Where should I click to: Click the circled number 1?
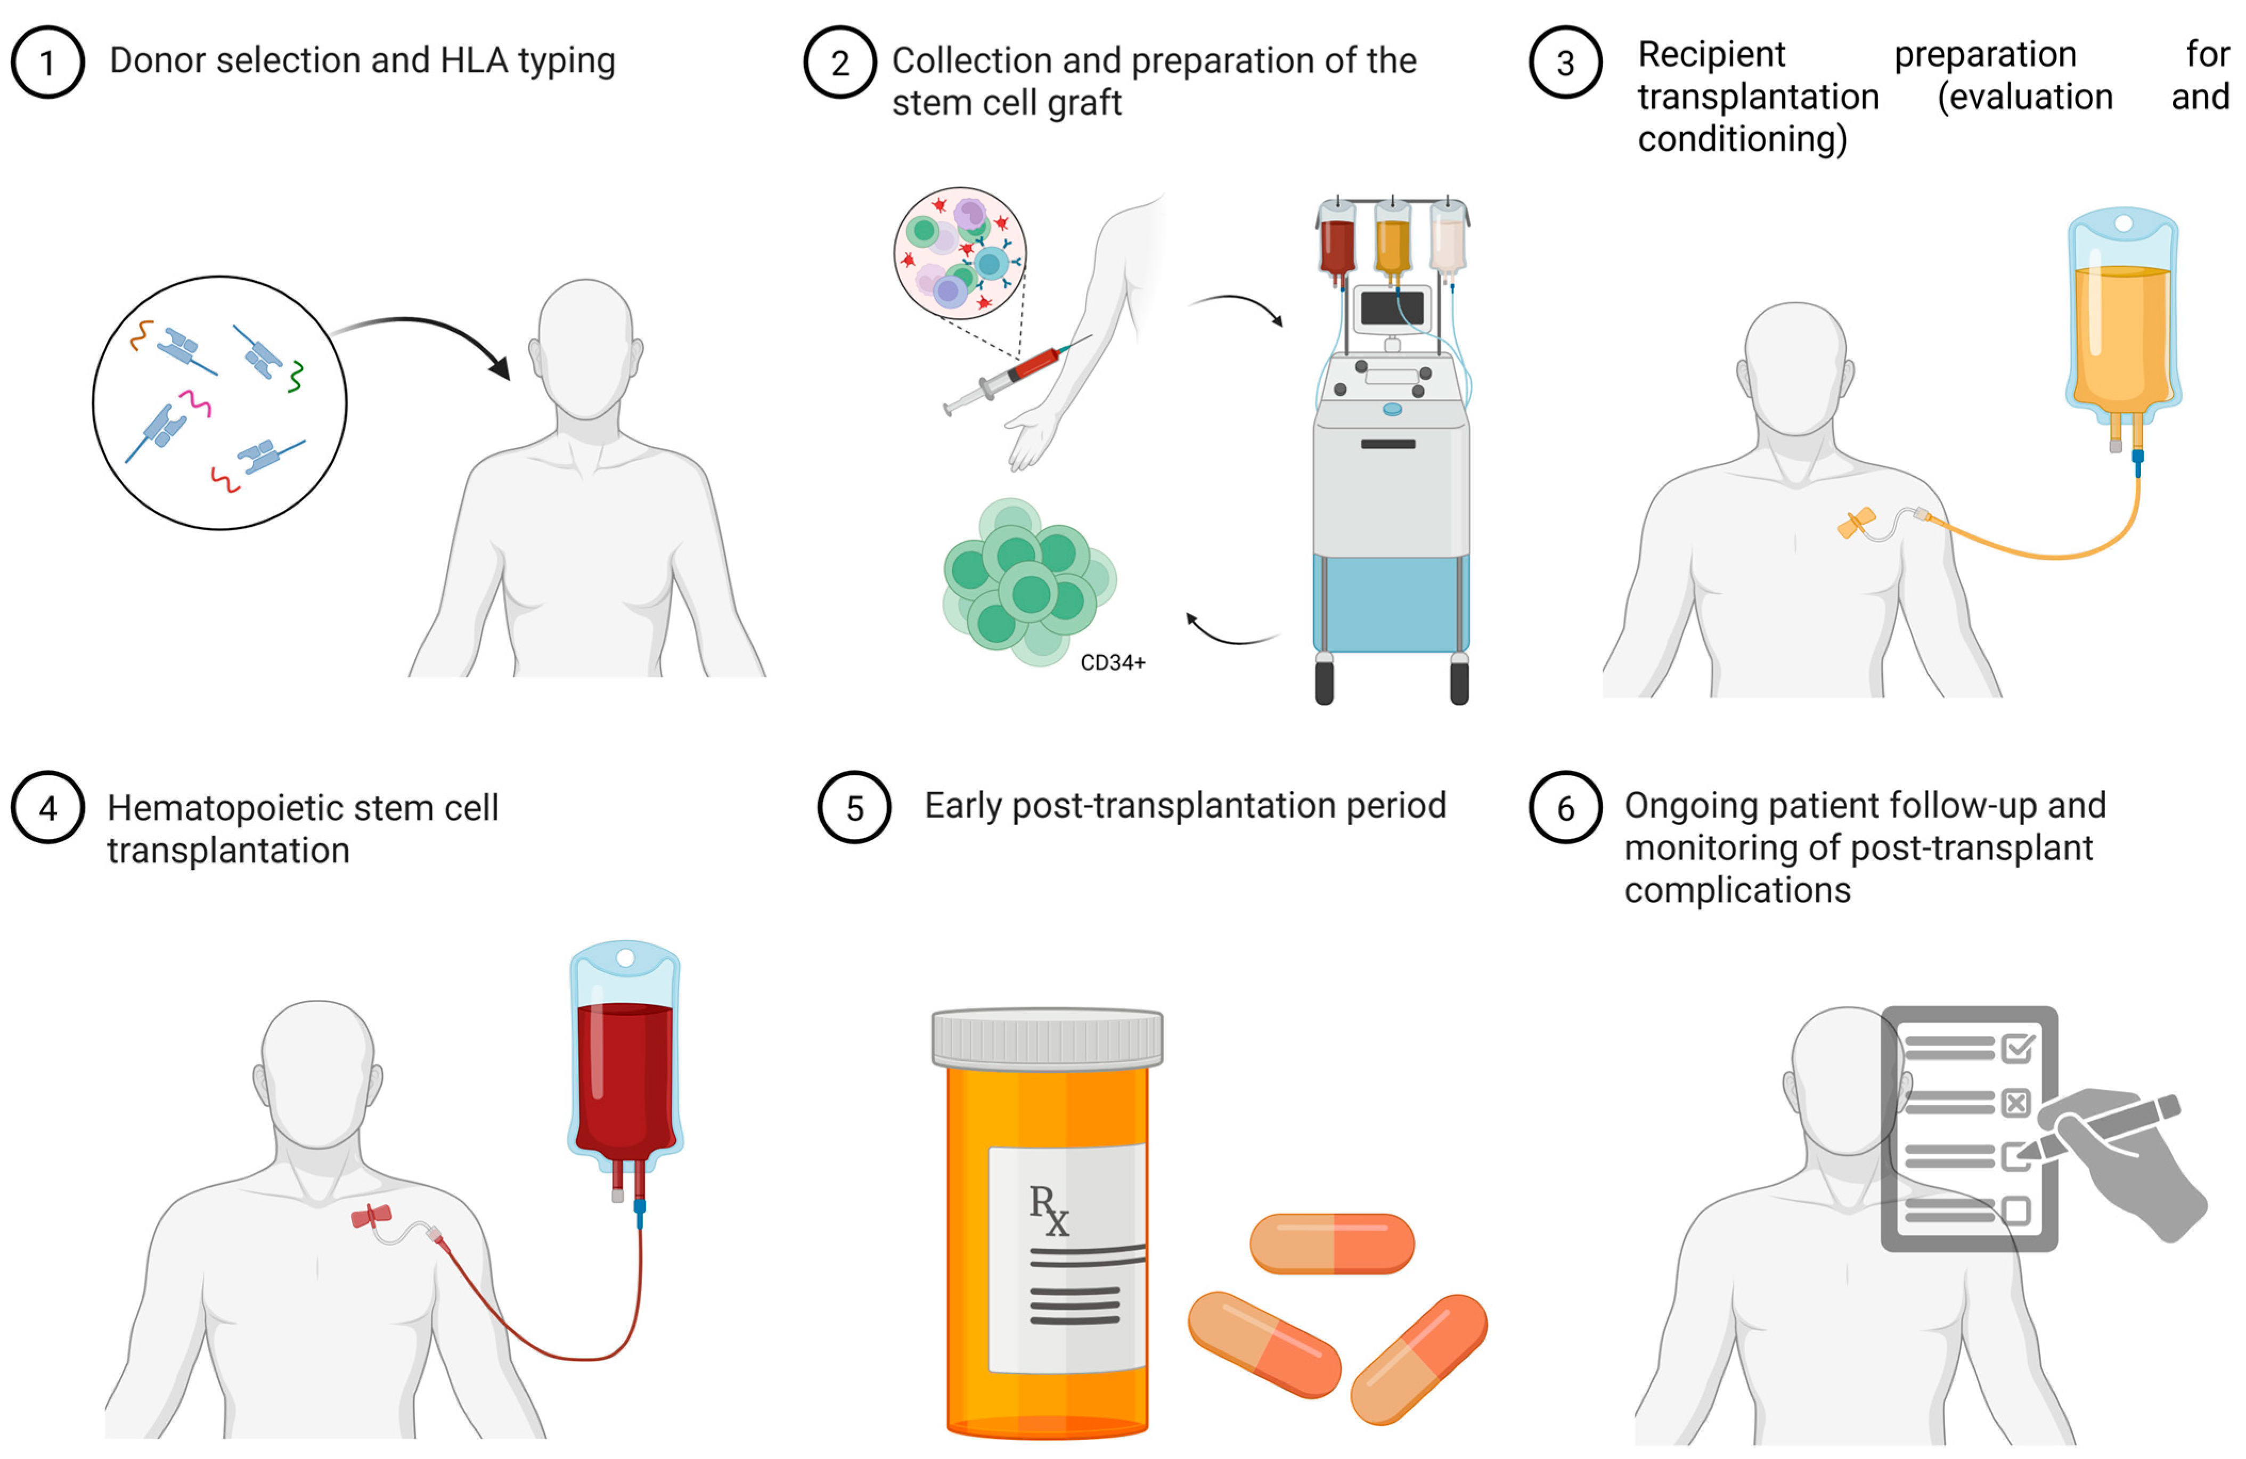click(47, 62)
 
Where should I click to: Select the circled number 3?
click(1565, 62)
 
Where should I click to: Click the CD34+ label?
click(1113, 663)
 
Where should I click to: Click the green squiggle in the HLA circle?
click(296, 376)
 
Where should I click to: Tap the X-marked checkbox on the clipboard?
click(2016, 1102)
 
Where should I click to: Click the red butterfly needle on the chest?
click(371, 1217)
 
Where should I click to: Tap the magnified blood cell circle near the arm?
click(960, 252)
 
